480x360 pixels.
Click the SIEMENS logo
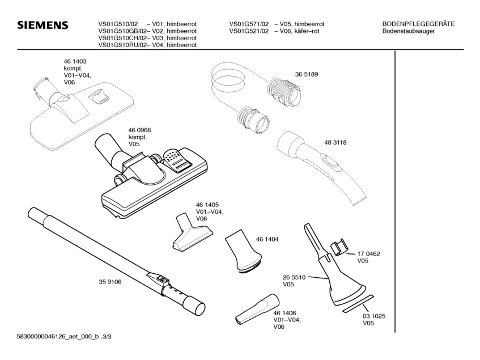tap(43, 26)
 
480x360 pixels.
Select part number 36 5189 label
tap(306, 74)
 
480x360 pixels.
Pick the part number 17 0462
tap(368, 254)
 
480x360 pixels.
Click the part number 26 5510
tap(294, 277)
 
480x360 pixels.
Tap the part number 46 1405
tap(207, 204)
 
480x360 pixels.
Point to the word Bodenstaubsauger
tap(409, 31)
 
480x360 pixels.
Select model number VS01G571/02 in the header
tap(249, 24)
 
